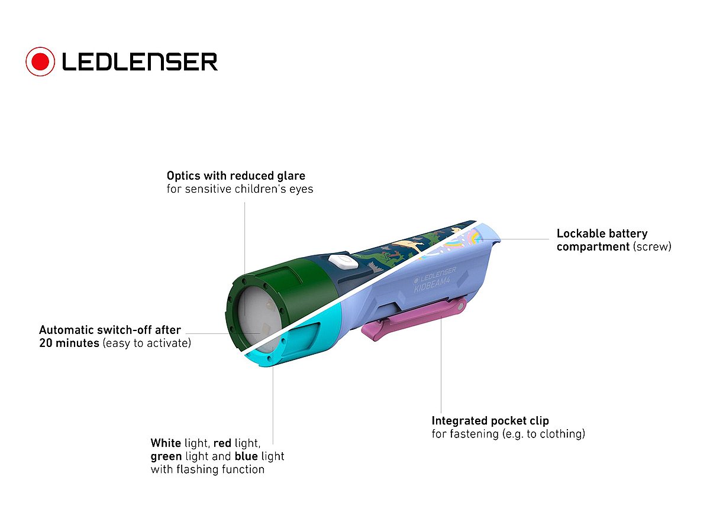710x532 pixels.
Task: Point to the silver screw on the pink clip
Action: click(x=461, y=306)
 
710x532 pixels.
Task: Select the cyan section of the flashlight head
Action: click(x=296, y=349)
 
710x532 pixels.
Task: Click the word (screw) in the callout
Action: click(x=652, y=246)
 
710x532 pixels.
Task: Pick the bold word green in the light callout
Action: click(x=166, y=456)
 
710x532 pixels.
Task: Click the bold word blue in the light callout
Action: click(x=246, y=456)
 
